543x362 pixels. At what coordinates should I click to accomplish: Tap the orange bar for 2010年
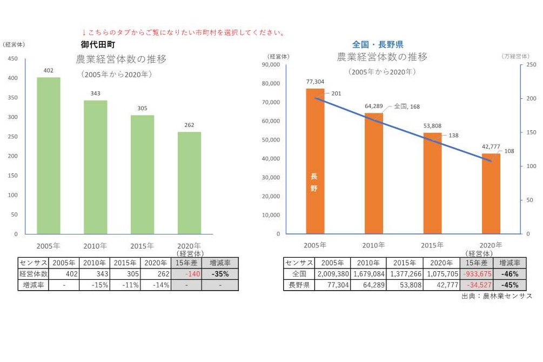pos(373,173)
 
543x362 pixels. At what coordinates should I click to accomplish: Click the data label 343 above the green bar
pos(95,93)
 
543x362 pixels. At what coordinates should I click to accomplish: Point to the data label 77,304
pos(315,82)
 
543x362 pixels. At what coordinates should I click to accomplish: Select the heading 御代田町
pos(98,45)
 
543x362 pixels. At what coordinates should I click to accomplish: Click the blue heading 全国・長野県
pos(378,45)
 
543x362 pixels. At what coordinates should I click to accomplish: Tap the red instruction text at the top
pos(183,33)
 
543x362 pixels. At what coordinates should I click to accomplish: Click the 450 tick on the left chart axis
pos(12,59)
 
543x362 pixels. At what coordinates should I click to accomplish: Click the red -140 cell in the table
pos(186,274)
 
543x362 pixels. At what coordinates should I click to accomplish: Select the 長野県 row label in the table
pos(299,285)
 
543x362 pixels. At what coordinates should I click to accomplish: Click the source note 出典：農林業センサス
pos(497,296)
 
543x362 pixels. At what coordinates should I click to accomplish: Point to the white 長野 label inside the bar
pos(314,182)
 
